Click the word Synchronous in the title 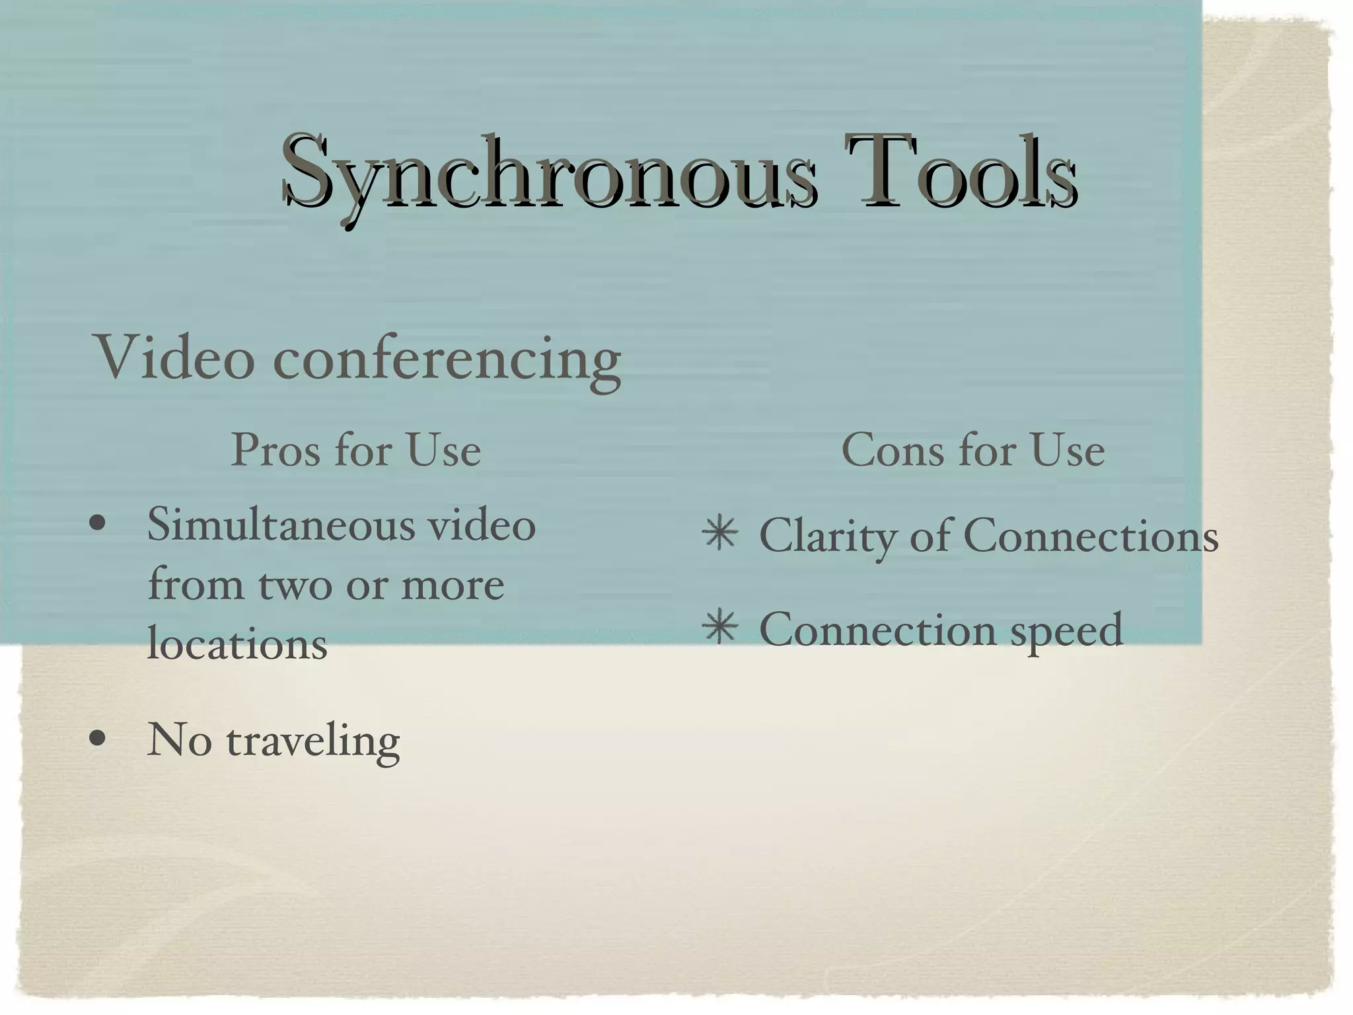point(548,173)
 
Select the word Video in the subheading point(175,357)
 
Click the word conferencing point(447,360)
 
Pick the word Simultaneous point(280,525)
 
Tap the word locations point(237,643)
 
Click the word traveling point(313,741)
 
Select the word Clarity point(828,536)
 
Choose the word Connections point(1091,535)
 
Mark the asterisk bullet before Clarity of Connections point(719,534)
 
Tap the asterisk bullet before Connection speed point(719,628)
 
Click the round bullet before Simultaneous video point(98,525)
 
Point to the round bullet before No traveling point(98,739)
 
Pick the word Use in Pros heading point(443,450)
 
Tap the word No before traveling point(179,739)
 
